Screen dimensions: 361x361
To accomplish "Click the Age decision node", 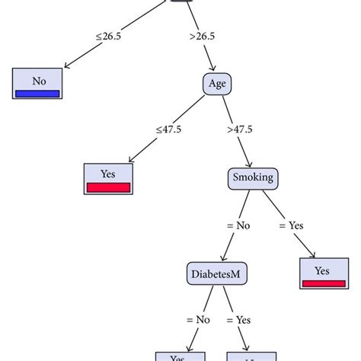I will coord(217,85).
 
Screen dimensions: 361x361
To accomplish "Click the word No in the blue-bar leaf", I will coord(37,79).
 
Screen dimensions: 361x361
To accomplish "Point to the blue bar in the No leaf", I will coord(37,94).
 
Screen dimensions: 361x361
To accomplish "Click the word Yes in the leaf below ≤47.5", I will coord(109,174).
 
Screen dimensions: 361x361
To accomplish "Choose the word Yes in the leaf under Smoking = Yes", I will coord(322,270).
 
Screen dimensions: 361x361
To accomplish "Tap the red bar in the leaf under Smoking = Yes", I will coord(322,284).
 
